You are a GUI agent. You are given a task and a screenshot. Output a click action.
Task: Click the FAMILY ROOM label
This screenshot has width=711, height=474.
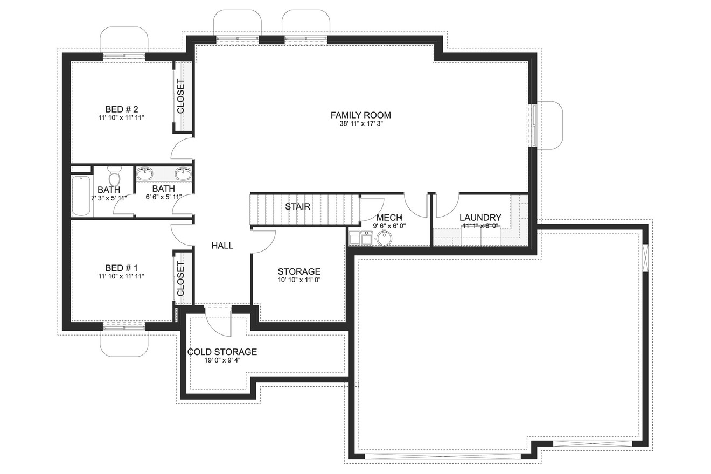pos(360,115)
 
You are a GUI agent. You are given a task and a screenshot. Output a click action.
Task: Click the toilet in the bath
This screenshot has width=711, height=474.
pos(114,177)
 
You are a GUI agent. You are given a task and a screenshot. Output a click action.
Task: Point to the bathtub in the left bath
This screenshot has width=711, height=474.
pos(82,196)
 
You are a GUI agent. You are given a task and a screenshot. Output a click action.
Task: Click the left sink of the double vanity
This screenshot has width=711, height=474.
pos(144,173)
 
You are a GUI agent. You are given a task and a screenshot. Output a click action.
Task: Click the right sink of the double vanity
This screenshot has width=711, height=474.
pos(183,173)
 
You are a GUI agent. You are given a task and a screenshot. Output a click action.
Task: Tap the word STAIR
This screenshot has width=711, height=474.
pos(297,206)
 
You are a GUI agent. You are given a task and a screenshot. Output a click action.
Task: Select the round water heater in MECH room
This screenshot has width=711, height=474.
pos(384,238)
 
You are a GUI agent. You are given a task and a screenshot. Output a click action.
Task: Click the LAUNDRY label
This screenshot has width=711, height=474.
pos(480,218)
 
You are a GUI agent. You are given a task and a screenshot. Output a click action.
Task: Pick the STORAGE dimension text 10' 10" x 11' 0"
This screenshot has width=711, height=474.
pos(299,280)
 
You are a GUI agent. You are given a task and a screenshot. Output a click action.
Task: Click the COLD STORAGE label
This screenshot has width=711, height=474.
pos(222,352)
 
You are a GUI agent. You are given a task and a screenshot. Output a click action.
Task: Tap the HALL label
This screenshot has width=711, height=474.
pos(222,246)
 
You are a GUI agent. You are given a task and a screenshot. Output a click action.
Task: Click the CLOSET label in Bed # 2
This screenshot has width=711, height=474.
pos(180,96)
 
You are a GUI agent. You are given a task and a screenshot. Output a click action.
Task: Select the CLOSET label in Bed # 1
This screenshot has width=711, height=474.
pos(180,278)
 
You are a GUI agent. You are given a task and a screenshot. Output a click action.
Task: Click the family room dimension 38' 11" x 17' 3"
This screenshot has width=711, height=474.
pos(360,123)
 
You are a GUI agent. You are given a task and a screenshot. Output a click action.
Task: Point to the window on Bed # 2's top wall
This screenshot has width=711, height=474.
pos(124,56)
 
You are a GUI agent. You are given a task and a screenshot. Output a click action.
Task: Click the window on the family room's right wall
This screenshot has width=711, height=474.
pos(533,125)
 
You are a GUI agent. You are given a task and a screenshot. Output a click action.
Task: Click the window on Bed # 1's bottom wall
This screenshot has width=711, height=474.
pos(124,326)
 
